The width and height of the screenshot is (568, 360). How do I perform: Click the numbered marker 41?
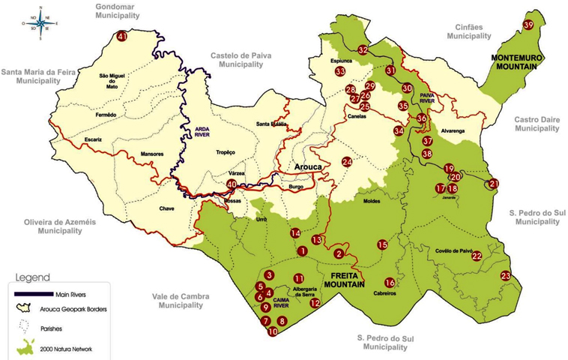point(122,36)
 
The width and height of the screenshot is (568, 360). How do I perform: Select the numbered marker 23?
point(506,276)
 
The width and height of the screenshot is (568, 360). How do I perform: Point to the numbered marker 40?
point(232,184)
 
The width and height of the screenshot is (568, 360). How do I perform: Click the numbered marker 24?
point(347,162)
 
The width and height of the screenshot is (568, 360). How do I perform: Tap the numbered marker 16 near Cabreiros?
point(390,283)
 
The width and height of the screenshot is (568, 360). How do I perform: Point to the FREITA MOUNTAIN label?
point(343,280)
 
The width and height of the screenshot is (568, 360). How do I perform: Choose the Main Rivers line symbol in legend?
point(29,292)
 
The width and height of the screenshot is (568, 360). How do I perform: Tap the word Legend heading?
point(32,276)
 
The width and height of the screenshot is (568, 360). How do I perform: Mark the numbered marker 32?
point(363,50)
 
